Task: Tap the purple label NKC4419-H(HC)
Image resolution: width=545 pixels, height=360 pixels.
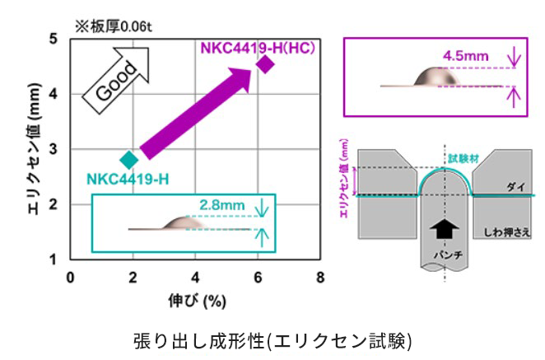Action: [x=259, y=46]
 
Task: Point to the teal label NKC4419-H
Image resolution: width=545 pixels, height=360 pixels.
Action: [x=128, y=179]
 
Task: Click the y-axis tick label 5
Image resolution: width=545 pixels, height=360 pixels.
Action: [x=53, y=39]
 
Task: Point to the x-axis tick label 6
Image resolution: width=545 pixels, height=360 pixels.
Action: [x=258, y=277]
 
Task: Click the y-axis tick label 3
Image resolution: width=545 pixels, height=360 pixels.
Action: [x=53, y=149]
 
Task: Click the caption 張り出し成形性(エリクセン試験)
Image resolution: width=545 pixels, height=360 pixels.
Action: [x=271, y=339]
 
